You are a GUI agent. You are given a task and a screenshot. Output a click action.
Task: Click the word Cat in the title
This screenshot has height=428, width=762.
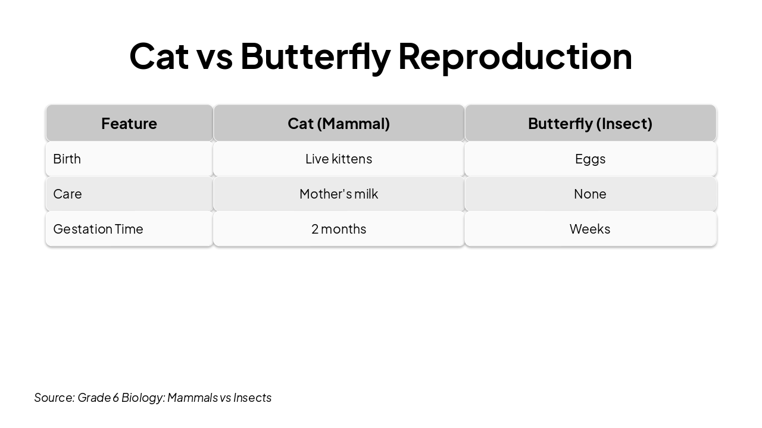(159, 56)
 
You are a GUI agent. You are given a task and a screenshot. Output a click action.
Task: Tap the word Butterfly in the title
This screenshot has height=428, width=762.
(315, 56)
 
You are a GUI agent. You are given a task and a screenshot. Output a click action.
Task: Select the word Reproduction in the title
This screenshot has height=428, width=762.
(514, 56)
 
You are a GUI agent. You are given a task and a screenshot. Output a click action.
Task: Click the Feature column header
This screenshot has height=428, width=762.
(129, 124)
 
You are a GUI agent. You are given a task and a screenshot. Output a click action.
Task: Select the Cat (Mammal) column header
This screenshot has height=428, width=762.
(339, 124)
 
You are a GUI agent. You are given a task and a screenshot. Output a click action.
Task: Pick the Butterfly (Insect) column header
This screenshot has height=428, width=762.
(590, 124)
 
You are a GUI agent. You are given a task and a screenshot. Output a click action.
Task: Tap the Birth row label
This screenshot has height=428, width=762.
(67, 159)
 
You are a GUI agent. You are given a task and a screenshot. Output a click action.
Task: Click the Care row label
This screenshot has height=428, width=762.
(67, 194)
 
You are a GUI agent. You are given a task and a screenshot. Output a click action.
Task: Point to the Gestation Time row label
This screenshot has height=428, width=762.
(98, 229)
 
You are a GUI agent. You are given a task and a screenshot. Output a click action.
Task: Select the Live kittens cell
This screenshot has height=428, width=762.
(339, 159)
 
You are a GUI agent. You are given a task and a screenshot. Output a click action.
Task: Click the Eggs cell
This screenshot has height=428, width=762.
(590, 159)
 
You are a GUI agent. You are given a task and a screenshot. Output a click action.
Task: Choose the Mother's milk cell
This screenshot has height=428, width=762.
(339, 194)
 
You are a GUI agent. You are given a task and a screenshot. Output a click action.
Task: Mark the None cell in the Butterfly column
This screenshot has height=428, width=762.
(590, 194)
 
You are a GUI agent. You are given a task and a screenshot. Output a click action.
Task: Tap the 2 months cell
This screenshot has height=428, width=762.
(339, 229)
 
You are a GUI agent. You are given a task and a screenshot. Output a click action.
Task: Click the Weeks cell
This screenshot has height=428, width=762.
(590, 229)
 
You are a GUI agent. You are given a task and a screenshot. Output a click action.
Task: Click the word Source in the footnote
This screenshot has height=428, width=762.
(54, 398)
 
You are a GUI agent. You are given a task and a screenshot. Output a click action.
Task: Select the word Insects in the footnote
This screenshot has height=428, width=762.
(252, 398)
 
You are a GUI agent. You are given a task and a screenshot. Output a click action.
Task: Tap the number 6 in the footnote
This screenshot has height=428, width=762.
(115, 398)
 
